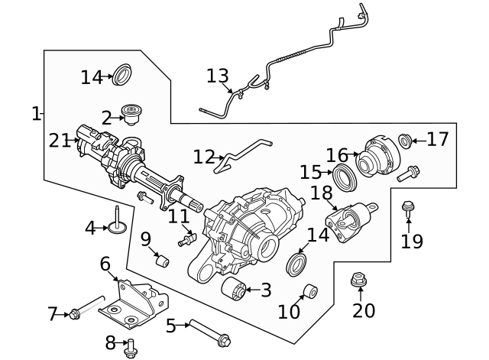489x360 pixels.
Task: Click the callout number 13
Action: (x=217, y=76)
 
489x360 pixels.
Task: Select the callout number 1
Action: (x=35, y=114)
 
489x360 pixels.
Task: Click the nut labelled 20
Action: (x=358, y=281)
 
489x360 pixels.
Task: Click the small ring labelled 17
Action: (x=406, y=140)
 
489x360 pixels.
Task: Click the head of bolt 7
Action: (x=74, y=313)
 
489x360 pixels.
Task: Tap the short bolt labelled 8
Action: (x=131, y=345)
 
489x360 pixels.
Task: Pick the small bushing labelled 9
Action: (x=161, y=261)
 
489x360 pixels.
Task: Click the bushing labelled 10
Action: (x=310, y=291)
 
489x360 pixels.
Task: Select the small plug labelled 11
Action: (x=183, y=242)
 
